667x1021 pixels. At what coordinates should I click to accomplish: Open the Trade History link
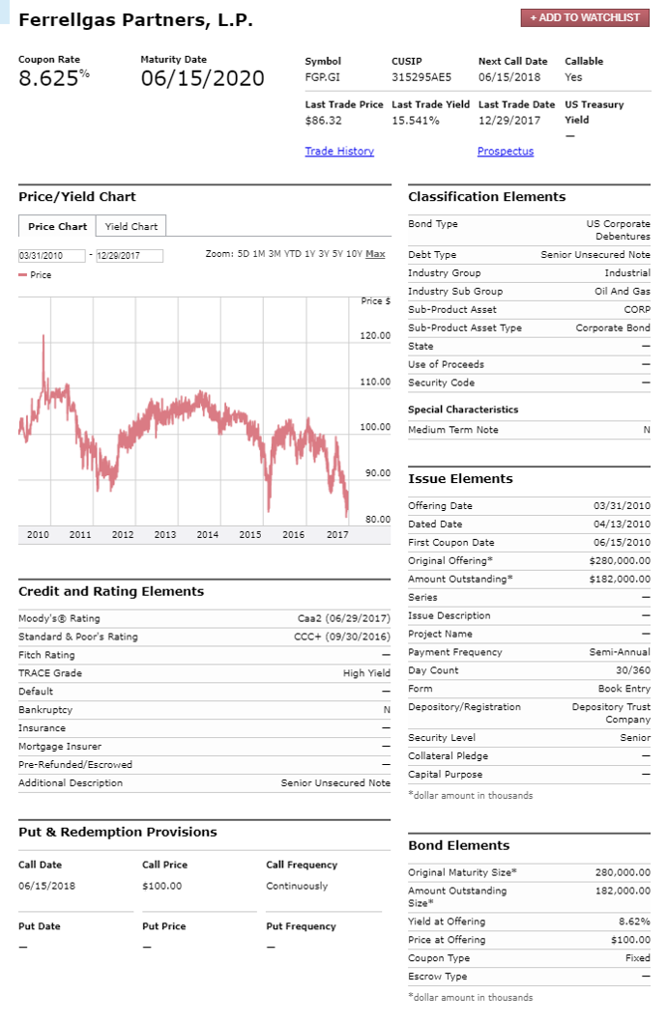click(x=339, y=152)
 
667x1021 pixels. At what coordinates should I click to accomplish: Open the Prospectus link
click(x=505, y=152)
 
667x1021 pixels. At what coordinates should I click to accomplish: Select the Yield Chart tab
click(x=131, y=227)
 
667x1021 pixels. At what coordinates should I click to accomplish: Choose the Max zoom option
click(x=375, y=254)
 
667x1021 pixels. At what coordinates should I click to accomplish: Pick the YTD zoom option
click(x=294, y=254)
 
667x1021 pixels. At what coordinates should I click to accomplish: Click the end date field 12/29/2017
click(x=129, y=256)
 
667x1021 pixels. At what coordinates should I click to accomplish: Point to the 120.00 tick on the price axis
click(x=374, y=336)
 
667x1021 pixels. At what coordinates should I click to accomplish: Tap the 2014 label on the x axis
click(x=207, y=534)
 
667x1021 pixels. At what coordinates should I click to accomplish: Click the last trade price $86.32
click(x=324, y=121)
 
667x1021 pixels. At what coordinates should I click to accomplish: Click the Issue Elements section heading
click(x=460, y=479)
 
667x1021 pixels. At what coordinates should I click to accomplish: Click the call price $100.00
click(x=161, y=886)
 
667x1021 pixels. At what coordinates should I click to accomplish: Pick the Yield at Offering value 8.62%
click(x=634, y=922)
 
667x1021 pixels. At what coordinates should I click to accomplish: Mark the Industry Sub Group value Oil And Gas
click(x=624, y=292)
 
